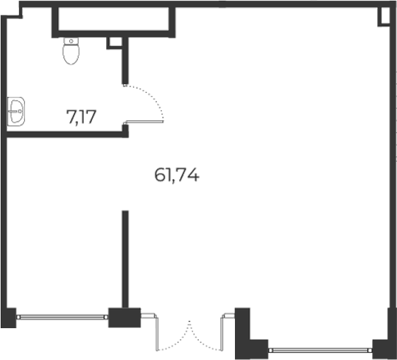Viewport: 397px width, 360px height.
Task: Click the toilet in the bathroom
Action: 71,51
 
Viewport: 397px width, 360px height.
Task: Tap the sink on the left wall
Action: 16,111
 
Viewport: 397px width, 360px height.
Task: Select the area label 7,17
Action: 81,117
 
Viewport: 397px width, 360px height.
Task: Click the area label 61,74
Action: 177,175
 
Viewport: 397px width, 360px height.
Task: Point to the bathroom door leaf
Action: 144,122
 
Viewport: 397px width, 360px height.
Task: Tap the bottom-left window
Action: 62,318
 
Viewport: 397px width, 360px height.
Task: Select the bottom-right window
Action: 321,350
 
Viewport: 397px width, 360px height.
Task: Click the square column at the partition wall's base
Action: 125,318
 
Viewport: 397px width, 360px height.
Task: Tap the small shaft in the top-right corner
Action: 384,16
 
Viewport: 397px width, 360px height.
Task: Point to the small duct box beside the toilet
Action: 115,42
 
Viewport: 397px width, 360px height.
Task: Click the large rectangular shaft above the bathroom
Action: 113,19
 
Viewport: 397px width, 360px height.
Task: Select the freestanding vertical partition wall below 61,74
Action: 125,260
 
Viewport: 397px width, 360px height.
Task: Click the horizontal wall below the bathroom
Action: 67,134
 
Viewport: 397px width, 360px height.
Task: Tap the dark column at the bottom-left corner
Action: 8,318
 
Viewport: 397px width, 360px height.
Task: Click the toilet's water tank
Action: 71,41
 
